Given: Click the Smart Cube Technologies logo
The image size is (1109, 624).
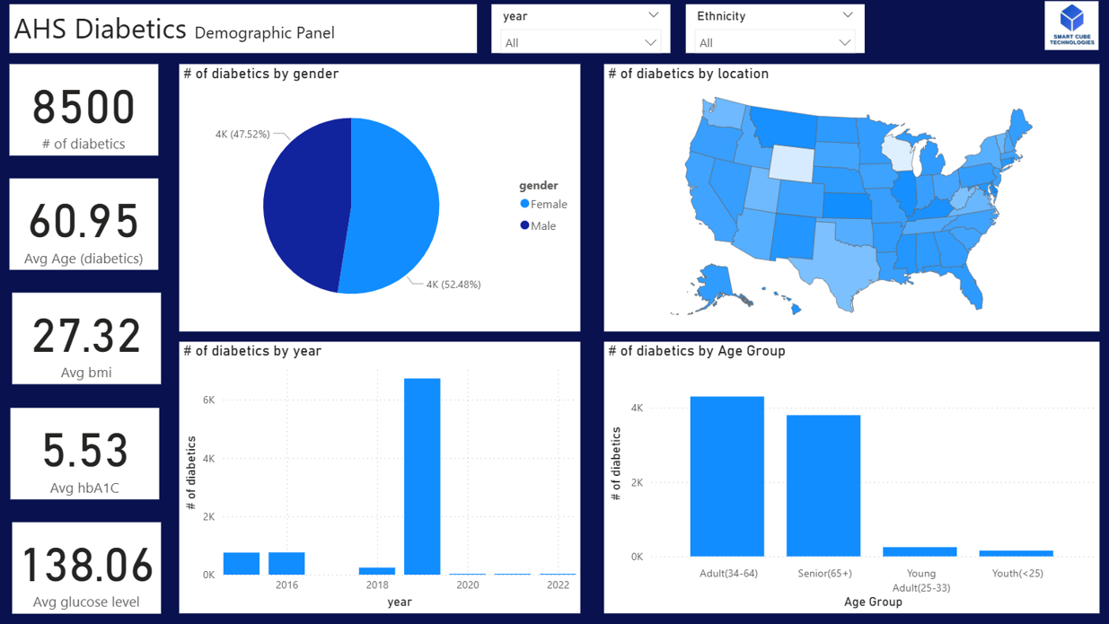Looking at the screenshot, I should (1071, 25).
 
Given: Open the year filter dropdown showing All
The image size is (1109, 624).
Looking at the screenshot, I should (580, 42).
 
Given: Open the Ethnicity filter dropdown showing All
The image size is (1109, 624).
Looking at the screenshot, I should (774, 42).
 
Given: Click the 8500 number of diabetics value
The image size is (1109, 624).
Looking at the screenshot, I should (84, 108).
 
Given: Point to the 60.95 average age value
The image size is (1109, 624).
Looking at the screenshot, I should (84, 222).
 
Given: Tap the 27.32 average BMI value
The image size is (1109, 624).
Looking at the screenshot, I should (86, 337).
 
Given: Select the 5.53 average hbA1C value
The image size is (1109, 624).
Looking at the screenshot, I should (85, 451).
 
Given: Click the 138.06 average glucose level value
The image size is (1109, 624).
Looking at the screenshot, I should (86, 566).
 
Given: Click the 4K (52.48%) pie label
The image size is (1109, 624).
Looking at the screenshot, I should (453, 285).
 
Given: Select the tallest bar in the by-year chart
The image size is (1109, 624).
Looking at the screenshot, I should (422, 476).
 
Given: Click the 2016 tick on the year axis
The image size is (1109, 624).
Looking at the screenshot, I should (286, 585).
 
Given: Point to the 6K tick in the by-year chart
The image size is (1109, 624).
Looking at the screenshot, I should (208, 400).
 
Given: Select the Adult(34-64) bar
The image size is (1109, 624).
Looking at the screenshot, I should (726, 476).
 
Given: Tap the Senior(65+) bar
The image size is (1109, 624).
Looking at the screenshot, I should (823, 485).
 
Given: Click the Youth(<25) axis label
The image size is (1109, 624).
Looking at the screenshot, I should (1017, 574).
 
